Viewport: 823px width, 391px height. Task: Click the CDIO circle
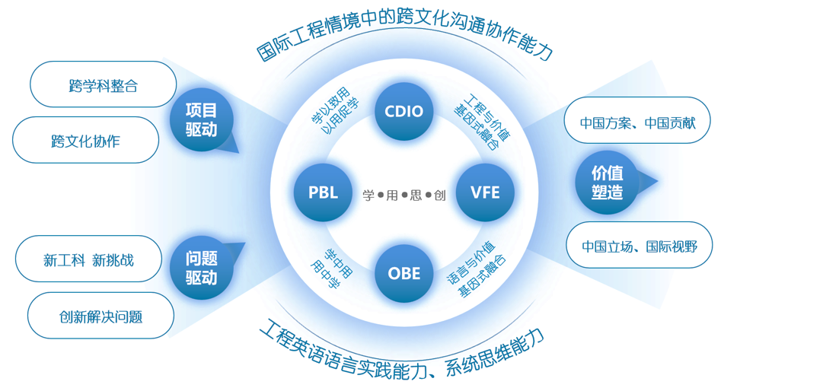(x=404, y=112)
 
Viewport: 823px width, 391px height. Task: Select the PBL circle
(x=323, y=192)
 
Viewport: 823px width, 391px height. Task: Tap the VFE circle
(x=485, y=192)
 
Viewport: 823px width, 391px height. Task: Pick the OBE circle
(x=404, y=273)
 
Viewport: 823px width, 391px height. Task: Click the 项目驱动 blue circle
(x=202, y=120)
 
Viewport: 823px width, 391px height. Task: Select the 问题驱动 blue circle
(x=202, y=268)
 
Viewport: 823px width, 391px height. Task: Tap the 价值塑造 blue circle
(x=607, y=183)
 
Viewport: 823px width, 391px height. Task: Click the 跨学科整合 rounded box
(x=104, y=85)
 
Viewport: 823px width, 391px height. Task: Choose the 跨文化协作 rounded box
(x=85, y=141)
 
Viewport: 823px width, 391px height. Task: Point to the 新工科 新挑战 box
(x=89, y=259)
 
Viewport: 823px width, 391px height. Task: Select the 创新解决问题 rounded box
(x=100, y=316)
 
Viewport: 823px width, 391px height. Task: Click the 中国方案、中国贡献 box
(x=636, y=121)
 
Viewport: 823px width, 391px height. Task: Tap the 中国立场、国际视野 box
(x=640, y=246)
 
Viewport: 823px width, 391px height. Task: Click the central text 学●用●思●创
(x=404, y=195)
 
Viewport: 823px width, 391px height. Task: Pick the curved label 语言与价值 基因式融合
(x=477, y=270)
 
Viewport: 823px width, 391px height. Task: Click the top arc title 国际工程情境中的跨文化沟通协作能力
(x=404, y=38)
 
